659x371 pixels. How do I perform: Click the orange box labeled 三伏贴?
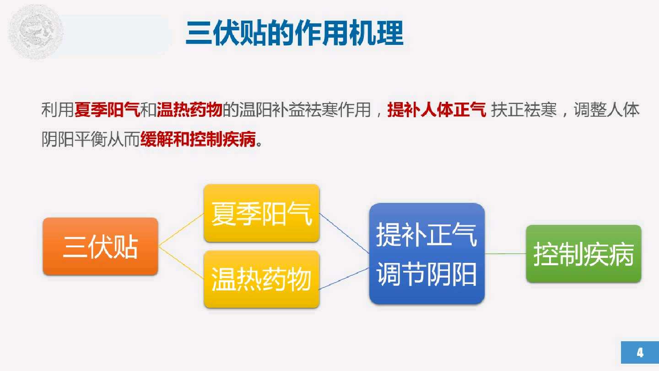100,246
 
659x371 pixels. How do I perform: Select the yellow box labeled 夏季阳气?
261,213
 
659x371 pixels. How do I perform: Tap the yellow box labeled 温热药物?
261,279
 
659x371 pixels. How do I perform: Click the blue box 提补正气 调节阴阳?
427,254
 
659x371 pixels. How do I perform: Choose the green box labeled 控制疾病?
583,254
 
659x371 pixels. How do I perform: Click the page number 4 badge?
639,352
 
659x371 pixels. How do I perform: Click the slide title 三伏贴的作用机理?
294,33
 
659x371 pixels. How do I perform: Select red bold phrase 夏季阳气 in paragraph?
107,110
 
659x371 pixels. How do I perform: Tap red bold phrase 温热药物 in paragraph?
189,110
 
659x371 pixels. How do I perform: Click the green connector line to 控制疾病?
505,253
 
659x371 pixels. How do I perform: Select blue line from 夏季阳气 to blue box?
344,233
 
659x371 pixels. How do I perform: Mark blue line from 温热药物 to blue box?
344,279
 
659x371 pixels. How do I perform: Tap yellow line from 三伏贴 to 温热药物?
181,262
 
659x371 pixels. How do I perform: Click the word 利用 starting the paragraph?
58,110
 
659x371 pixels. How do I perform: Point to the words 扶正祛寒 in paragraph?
524,110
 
